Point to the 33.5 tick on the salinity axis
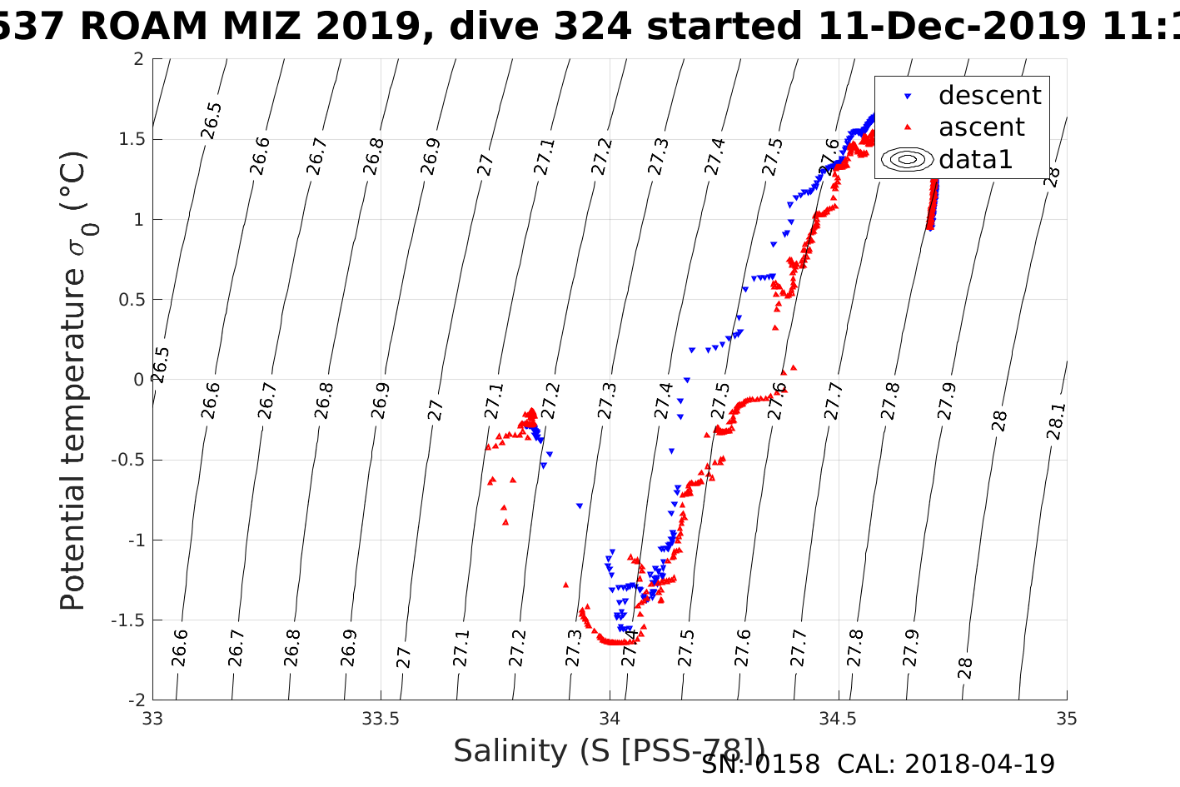coord(381,719)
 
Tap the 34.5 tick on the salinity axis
coord(838,719)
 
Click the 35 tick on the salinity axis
coord(1067,719)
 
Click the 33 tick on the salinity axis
coord(152,719)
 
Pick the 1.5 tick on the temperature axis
coord(129,139)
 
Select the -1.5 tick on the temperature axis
coord(127,620)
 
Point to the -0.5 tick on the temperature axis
coord(127,460)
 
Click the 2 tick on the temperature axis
coord(138,59)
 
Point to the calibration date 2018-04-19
coord(979,764)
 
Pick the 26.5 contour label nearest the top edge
coord(212,121)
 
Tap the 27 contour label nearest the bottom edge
coord(404,657)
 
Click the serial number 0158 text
coord(787,764)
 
